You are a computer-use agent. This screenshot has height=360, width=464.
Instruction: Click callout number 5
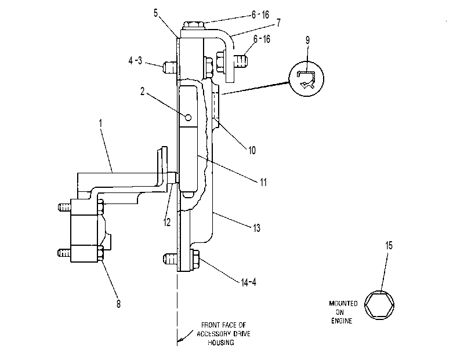155,13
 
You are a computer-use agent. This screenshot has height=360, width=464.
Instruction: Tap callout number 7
278,23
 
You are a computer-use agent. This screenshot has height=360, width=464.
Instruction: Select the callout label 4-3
135,61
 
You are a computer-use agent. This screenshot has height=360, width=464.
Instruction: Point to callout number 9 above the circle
307,40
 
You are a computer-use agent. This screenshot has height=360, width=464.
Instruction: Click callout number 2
142,92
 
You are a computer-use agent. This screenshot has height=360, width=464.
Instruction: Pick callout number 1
100,123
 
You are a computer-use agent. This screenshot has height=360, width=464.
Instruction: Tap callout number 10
252,150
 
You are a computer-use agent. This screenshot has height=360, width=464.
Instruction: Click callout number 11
263,182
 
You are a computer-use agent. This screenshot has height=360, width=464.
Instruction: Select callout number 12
167,222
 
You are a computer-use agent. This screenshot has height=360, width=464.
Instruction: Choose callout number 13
256,228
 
